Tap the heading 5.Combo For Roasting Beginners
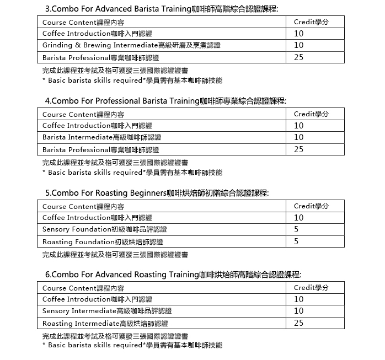157,193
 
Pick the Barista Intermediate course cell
101,137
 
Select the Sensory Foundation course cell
104,229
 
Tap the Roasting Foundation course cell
103,241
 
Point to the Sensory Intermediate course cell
107,311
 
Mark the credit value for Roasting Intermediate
298,323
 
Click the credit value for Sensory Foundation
296,229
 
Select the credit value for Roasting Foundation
296,241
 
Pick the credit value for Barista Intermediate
298,137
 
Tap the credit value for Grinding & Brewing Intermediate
298,45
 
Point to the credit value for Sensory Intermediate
298,311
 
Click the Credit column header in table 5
311,206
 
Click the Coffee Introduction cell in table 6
97,299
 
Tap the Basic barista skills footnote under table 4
132,173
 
